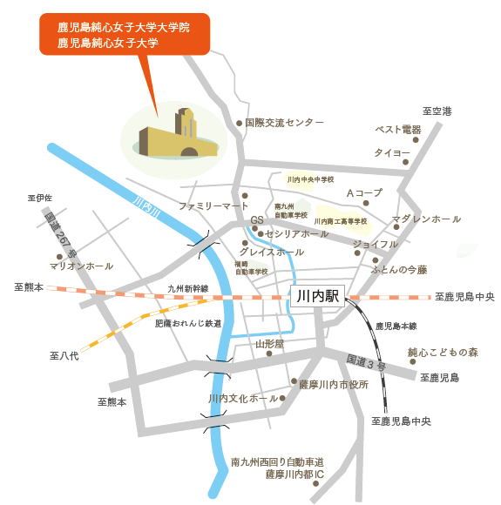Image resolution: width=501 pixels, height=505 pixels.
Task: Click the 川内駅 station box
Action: coord(317,297)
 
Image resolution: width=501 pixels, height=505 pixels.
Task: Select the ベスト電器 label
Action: coord(398,130)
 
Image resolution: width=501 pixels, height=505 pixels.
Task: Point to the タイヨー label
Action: coord(392,152)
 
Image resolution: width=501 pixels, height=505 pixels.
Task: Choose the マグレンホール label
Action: coord(426,219)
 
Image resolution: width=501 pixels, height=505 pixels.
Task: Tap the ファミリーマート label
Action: coord(213,206)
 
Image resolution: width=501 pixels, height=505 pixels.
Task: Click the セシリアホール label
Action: coord(295,234)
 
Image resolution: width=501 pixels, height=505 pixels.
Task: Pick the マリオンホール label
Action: coord(82,266)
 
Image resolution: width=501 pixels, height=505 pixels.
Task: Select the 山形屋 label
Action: coord(269,345)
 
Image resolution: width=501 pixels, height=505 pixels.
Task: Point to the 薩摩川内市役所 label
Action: coord(334,383)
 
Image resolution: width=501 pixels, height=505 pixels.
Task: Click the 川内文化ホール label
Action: coord(243,399)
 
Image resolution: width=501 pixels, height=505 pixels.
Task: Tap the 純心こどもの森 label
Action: coord(443,353)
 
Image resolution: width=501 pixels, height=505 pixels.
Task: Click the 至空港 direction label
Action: coord(437,111)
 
